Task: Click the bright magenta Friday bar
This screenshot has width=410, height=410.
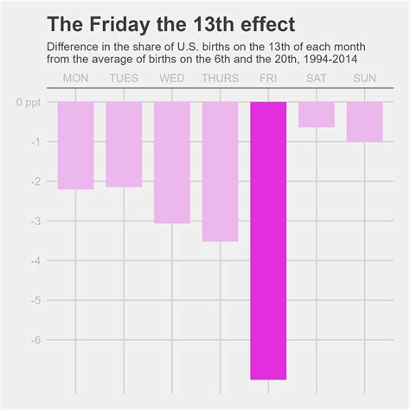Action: click(x=268, y=240)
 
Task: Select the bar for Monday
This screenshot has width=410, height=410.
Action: click(x=75, y=145)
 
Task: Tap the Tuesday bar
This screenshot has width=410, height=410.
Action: click(x=124, y=144)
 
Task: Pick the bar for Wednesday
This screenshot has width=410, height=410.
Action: click(x=172, y=163)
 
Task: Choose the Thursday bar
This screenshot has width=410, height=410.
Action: click(x=220, y=171)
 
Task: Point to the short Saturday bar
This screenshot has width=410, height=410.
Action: click(x=317, y=114)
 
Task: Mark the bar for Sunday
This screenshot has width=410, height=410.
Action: click(x=364, y=122)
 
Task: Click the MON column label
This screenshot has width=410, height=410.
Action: click(x=75, y=79)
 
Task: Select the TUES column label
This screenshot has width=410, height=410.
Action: click(x=124, y=79)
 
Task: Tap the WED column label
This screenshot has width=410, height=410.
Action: click(x=172, y=79)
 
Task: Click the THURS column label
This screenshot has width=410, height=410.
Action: click(x=220, y=79)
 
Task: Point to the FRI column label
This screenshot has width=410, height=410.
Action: click(x=268, y=79)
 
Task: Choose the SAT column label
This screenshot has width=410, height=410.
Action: click(x=317, y=79)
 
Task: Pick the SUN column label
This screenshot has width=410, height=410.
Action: click(x=364, y=79)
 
